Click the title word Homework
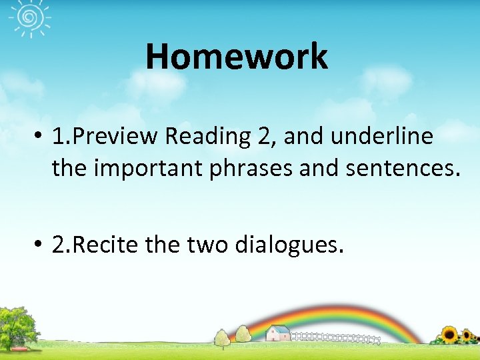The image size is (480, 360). click(x=237, y=56)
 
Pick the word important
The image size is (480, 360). click(x=147, y=168)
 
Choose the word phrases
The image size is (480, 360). click(x=251, y=169)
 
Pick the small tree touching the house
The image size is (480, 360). click(x=242, y=332)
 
